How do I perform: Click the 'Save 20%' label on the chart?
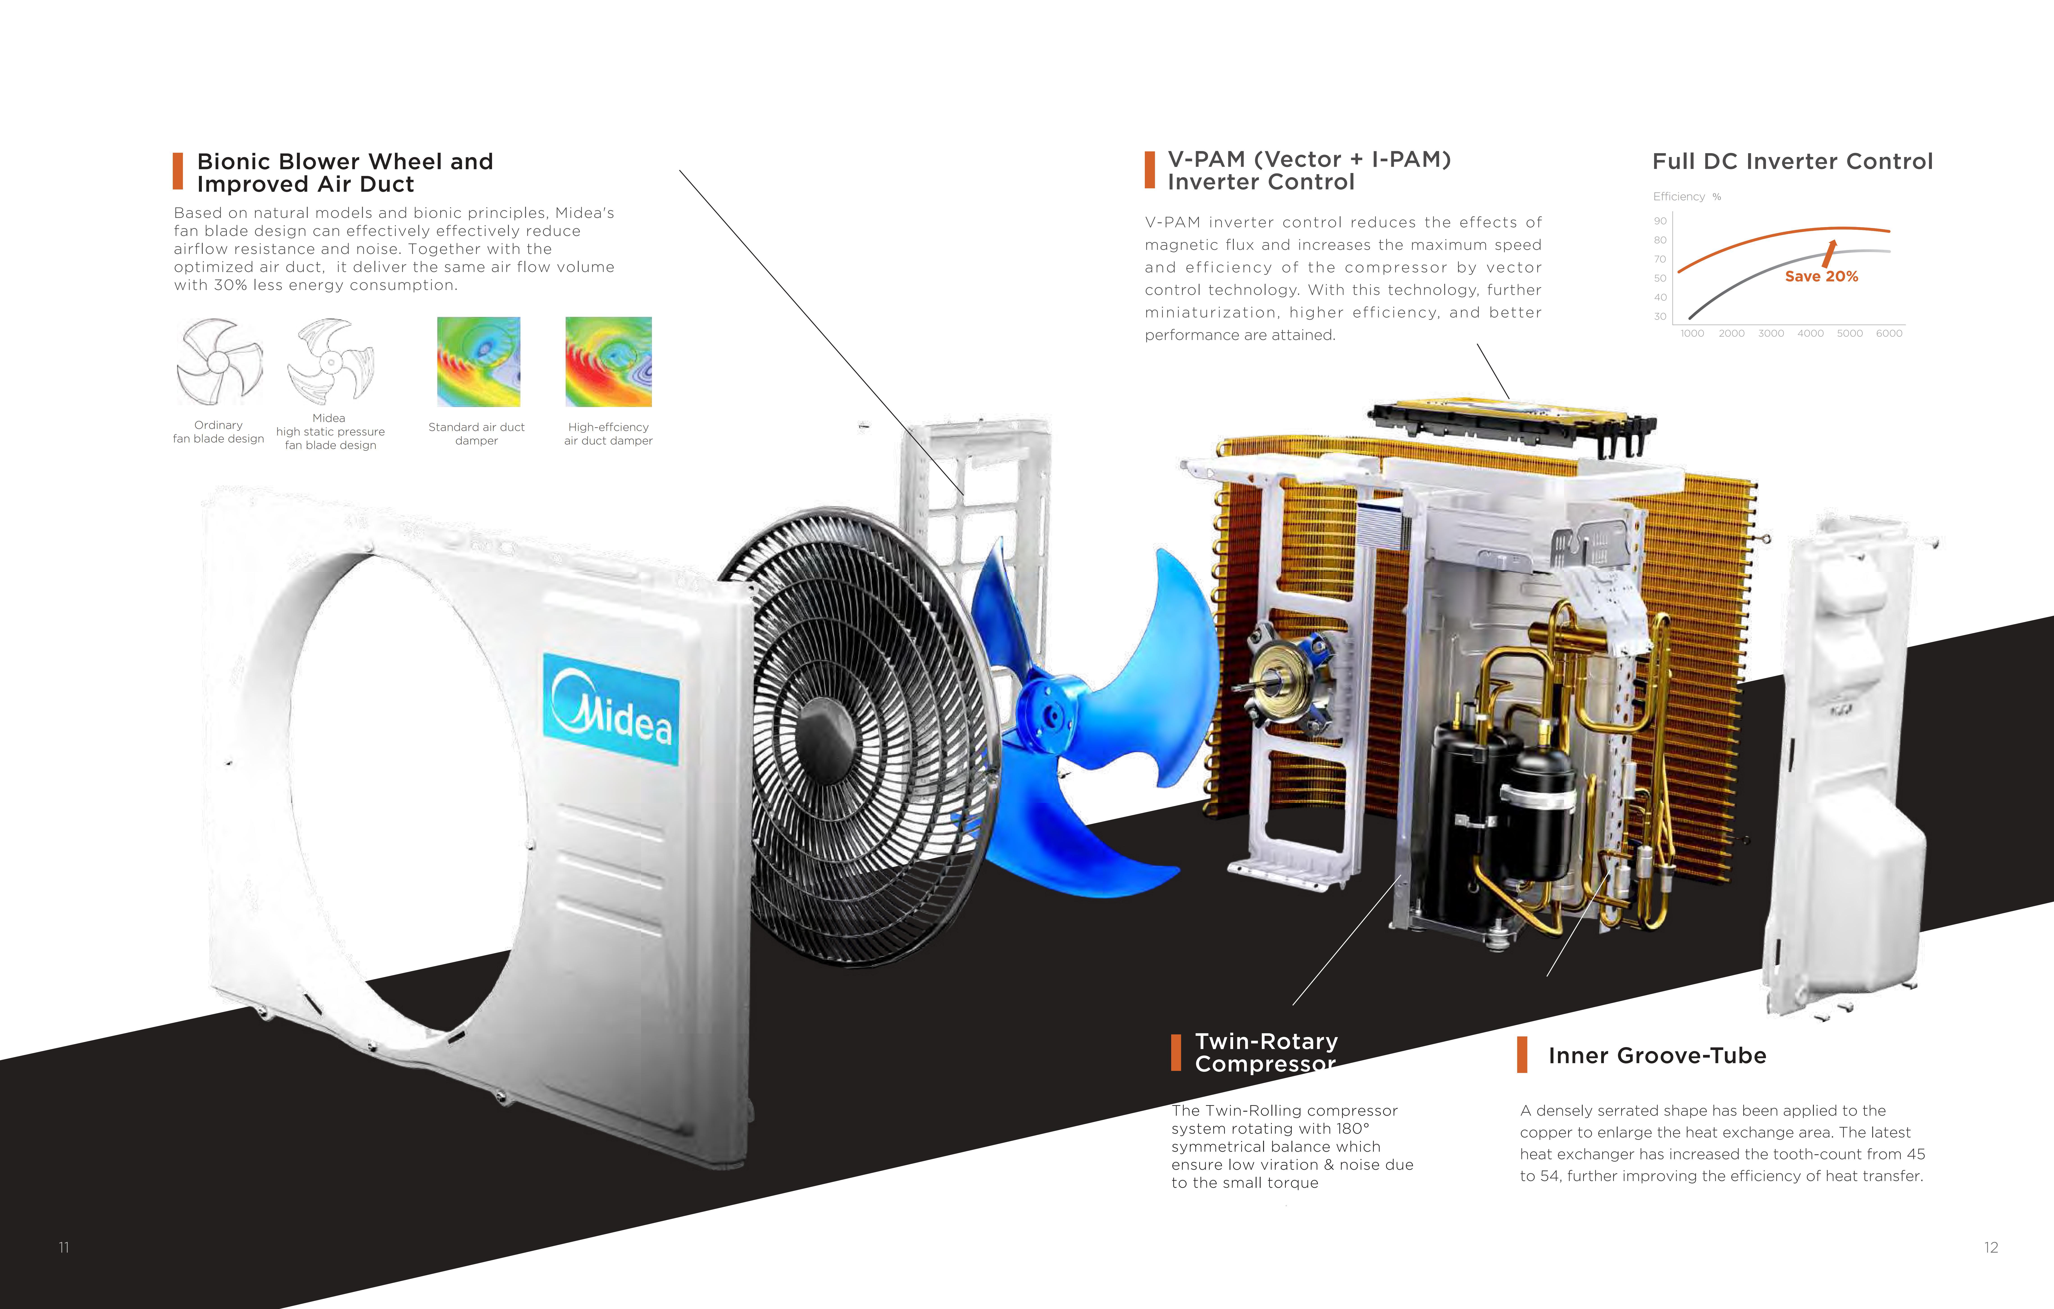(1821, 276)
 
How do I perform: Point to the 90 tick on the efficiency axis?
(1660, 221)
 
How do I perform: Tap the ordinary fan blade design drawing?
(219, 362)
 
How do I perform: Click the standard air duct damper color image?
(478, 362)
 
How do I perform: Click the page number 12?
(1991, 1248)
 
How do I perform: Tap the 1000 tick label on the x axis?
(1692, 333)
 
